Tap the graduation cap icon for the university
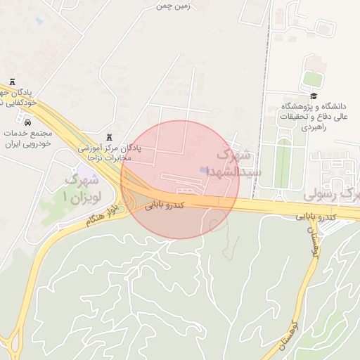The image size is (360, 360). [313, 96]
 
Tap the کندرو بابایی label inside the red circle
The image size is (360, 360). [165, 205]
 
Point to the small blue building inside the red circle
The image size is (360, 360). [204, 170]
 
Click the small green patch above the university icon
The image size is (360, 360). [312, 79]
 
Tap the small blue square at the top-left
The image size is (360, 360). [38, 22]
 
